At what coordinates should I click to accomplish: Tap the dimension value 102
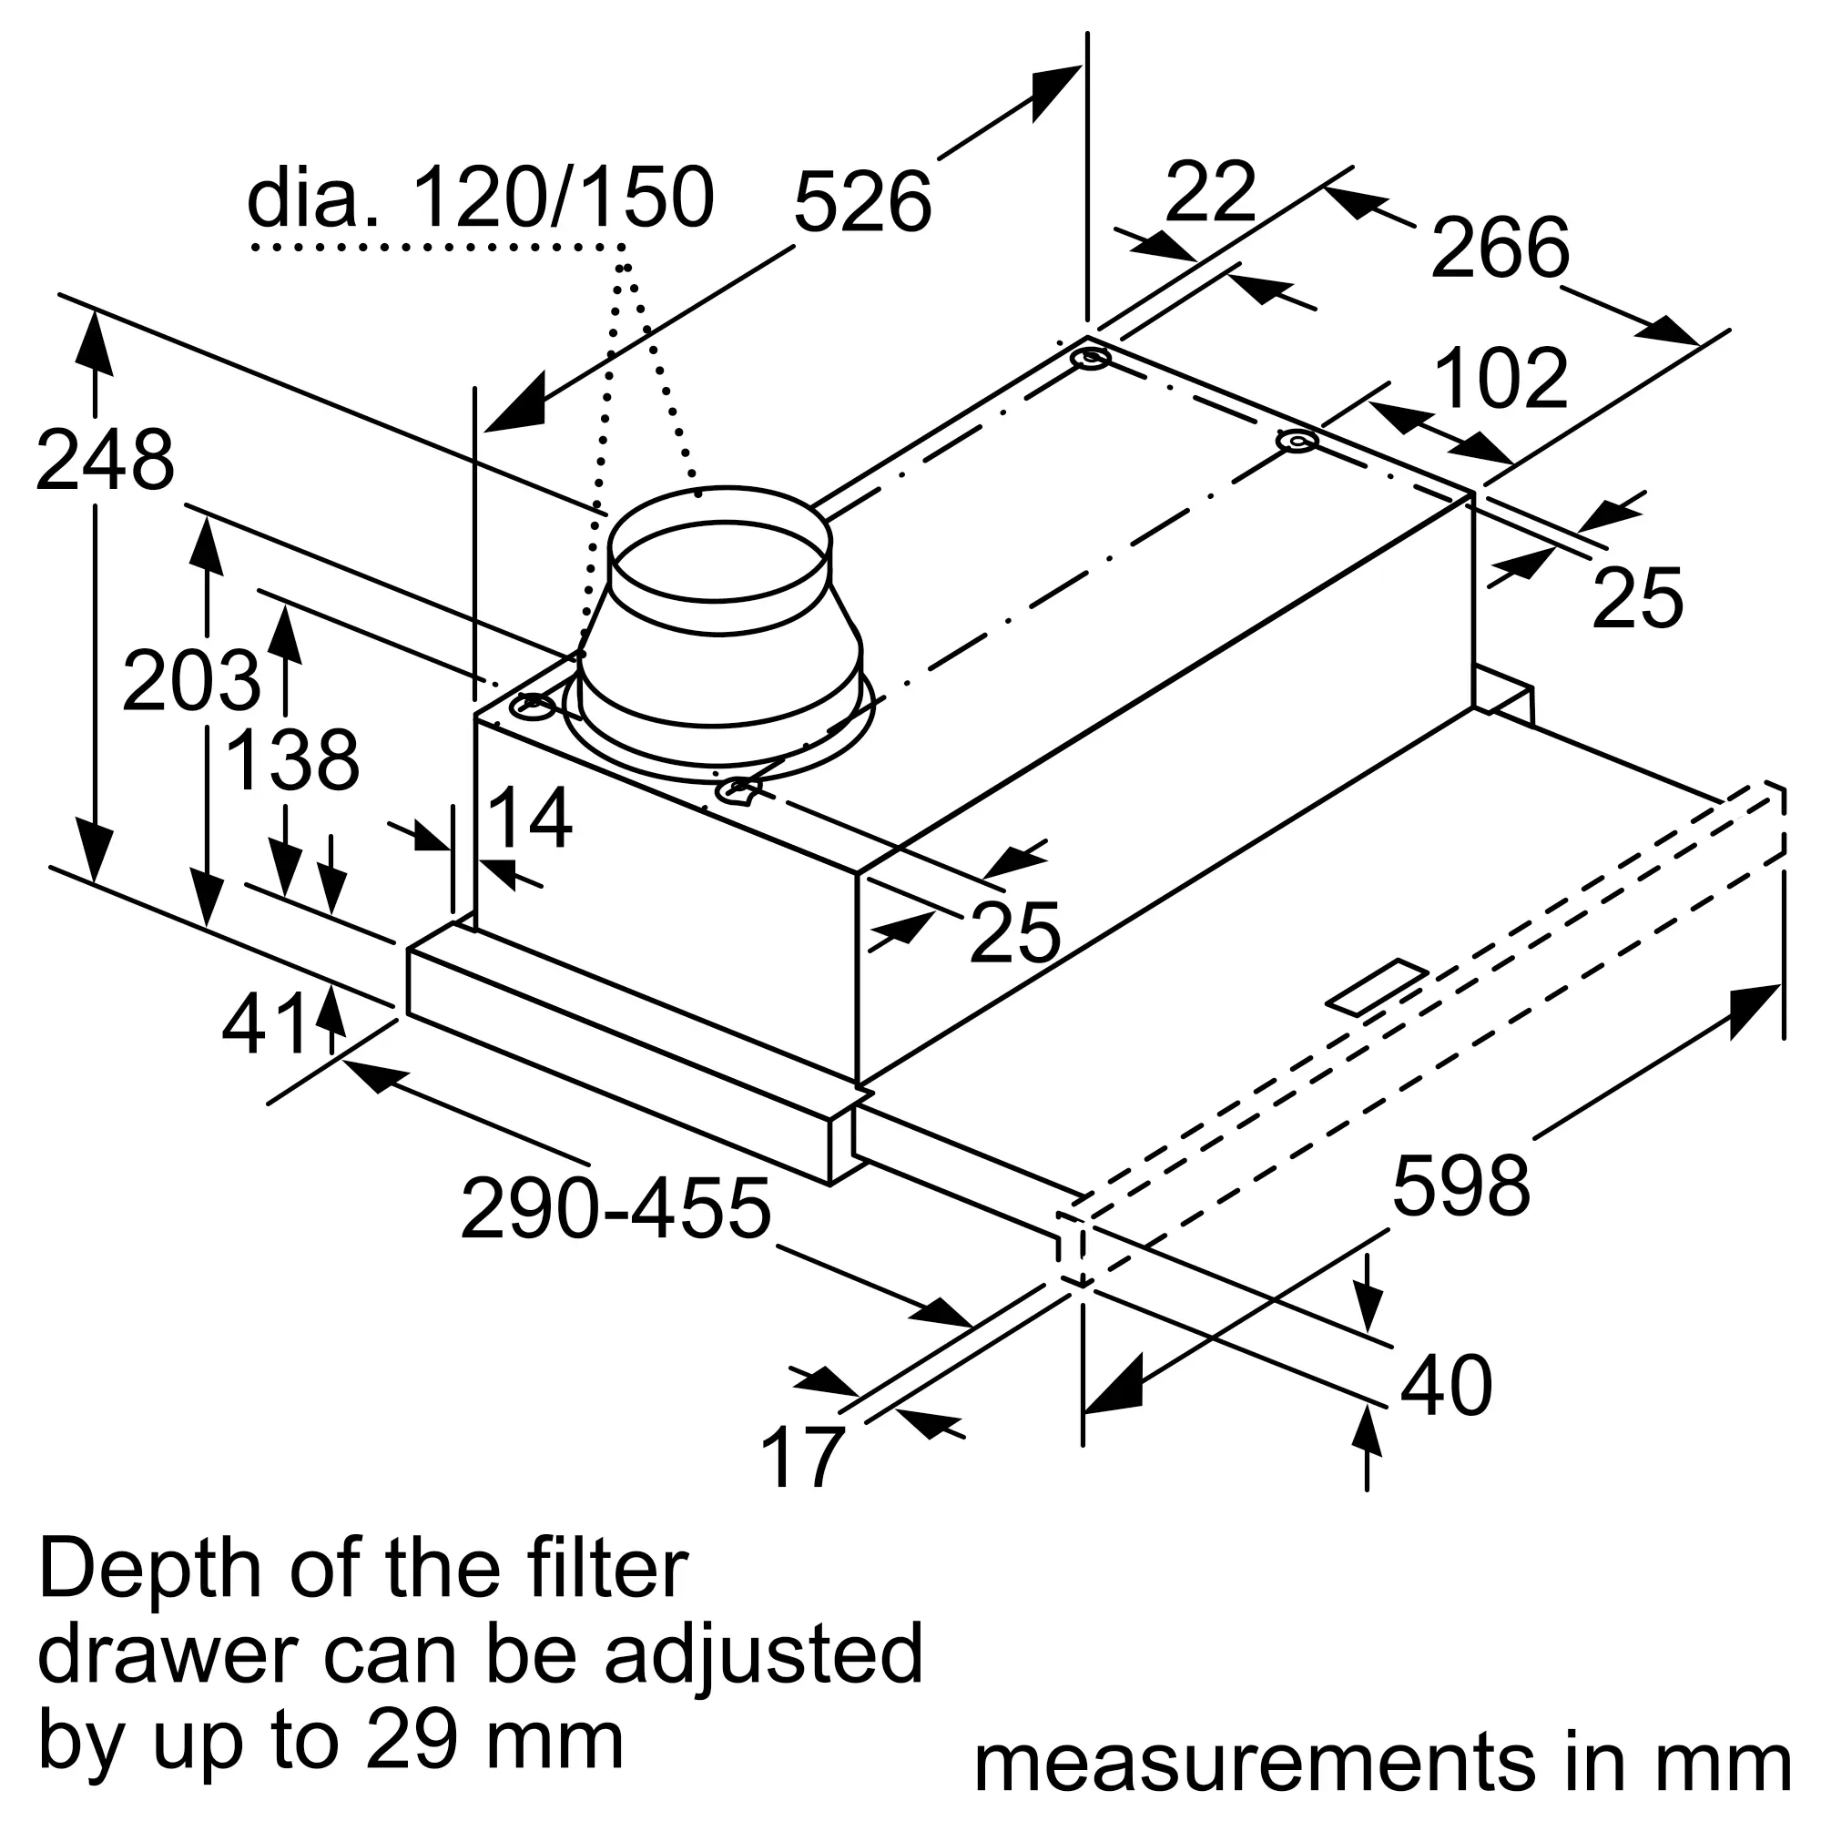(x=1501, y=378)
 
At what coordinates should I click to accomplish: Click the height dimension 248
(x=105, y=460)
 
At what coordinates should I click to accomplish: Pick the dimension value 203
(x=191, y=680)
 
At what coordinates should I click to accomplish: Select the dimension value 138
(x=293, y=759)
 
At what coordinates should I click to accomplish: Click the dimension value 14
(x=531, y=819)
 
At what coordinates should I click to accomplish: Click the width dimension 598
(x=1462, y=1185)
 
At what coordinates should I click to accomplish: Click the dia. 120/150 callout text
(x=481, y=198)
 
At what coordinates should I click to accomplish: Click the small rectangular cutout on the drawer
(x=1377, y=987)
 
